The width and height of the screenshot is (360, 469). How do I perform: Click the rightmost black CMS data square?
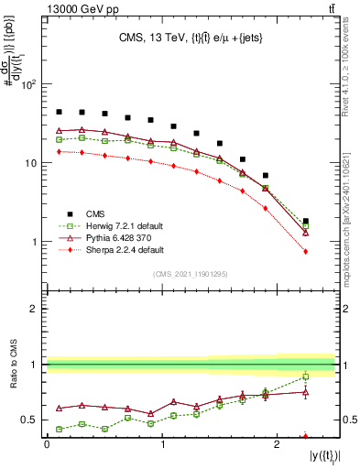(x=306, y=221)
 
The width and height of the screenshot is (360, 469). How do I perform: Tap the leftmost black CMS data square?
(x=59, y=112)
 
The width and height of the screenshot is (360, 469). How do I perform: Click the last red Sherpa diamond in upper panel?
(x=306, y=251)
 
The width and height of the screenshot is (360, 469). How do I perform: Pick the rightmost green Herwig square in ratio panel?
(x=306, y=376)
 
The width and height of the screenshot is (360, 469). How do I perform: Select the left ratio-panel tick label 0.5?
(x=30, y=420)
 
